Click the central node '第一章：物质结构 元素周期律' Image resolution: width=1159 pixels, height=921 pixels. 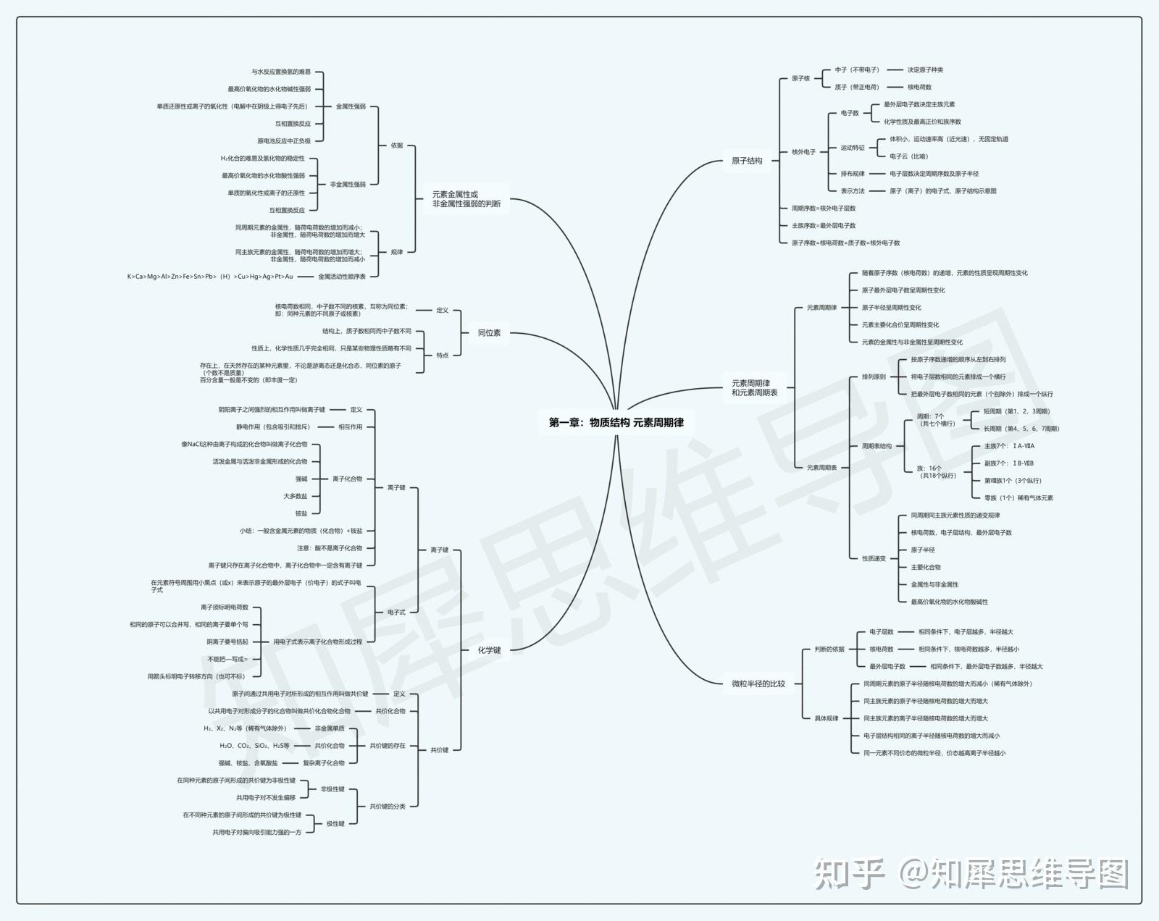click(616, 422)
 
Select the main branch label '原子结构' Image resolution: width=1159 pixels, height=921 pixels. click(747, 161)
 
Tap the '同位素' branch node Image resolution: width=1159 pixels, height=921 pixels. click(489, 333)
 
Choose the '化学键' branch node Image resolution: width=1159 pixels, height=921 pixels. click(489, 650)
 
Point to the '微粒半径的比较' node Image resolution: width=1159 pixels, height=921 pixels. click(758, 684)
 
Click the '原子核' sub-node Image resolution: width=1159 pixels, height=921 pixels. click(800, 78)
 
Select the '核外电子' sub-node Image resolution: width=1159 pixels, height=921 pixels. click(803, 152)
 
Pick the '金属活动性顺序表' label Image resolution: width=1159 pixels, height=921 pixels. click(342, 277)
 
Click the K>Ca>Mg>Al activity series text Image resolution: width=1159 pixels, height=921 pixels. click(210, 277)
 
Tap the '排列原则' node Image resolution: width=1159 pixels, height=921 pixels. click(874, 377)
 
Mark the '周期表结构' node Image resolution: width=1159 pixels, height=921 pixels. click(876, 446)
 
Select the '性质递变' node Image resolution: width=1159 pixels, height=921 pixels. click(874, 558)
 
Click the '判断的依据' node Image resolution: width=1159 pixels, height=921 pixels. click(829, 649)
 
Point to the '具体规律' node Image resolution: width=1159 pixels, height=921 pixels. click(827, 718)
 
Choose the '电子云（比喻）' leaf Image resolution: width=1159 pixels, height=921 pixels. click(908, 156)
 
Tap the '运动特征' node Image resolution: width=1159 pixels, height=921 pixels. click(853, 148)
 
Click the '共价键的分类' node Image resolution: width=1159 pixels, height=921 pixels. click(388, 807)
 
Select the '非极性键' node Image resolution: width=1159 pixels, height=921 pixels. click(332, 789)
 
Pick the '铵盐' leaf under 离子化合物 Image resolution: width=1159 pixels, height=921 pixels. click(301, 513)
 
